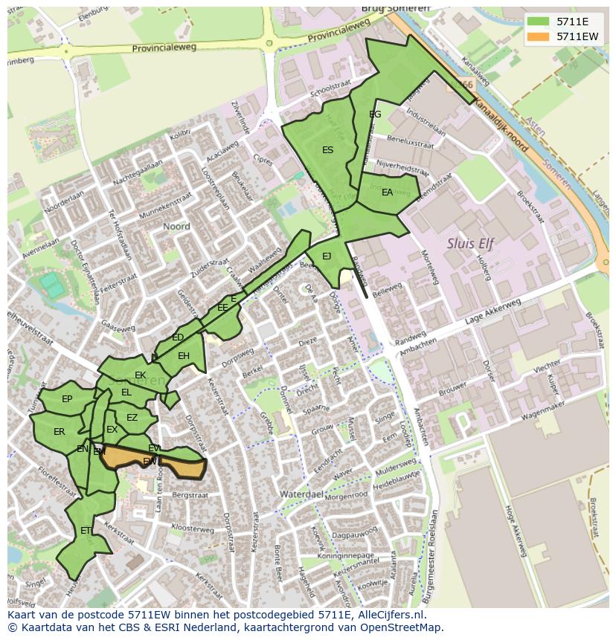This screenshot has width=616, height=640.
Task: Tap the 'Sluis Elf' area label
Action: [470, 243]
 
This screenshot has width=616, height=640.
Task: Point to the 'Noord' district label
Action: [176, 226]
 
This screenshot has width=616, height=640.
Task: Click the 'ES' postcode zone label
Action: [327, 150]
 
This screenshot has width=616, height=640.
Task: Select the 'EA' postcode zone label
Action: [387, 193]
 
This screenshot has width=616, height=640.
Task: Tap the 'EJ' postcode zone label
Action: [327, 256]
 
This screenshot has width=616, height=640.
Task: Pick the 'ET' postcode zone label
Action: [86, 531]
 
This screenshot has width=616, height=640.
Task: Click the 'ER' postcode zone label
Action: [60, 431]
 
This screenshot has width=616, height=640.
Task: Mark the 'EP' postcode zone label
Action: [67, 399]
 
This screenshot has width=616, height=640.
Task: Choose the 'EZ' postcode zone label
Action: [132, 418]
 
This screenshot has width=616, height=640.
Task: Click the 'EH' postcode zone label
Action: [184, 356]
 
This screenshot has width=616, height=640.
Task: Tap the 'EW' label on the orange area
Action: [150, 462]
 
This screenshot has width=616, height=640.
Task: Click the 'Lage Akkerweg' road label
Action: [491, 314]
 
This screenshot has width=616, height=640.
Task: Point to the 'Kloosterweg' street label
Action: [193, 529]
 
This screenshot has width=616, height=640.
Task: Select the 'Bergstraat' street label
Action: [187, 494]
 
